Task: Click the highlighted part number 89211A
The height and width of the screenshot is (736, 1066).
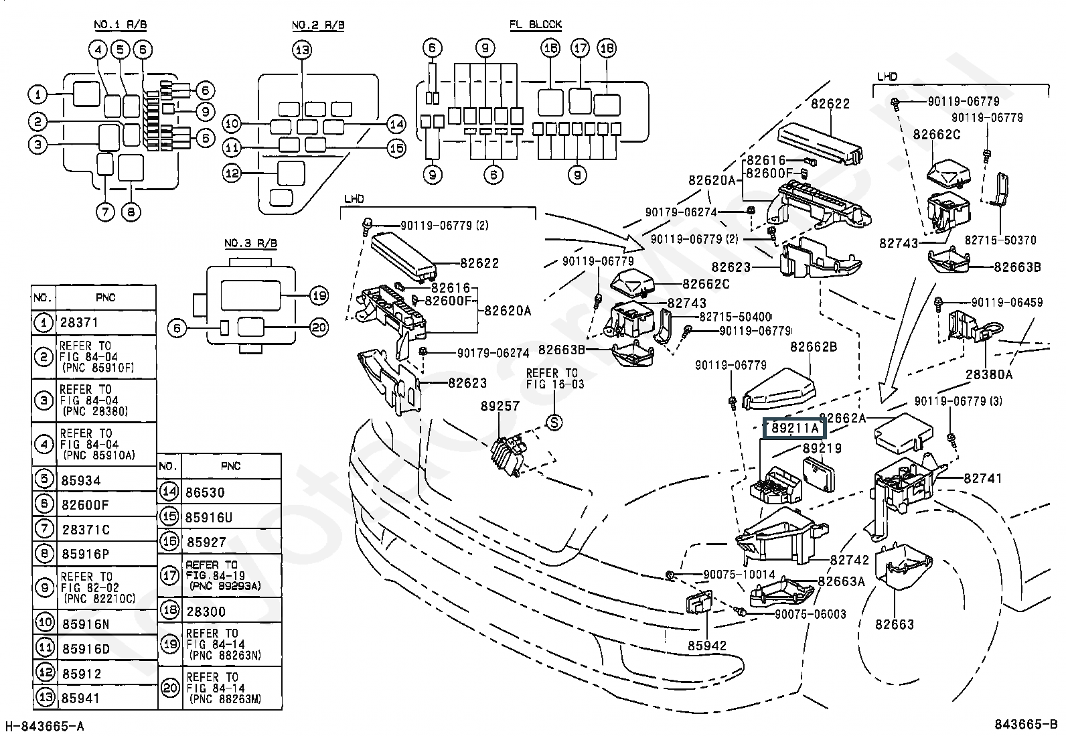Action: tap(795, 428)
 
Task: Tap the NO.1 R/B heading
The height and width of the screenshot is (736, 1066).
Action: tap(120, 25)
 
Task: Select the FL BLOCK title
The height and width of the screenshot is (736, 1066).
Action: tap(536, 24)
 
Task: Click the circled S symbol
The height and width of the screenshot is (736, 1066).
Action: tap(554, 423)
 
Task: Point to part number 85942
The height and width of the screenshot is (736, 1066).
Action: tap(707, 646)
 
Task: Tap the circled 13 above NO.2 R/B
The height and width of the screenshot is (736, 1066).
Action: tap(303, 50)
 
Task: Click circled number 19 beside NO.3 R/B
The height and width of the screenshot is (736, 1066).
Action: tap(319, 295)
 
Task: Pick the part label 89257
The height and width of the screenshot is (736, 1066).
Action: tap(500, 406)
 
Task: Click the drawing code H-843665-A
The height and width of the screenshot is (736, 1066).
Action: tap(45, 726)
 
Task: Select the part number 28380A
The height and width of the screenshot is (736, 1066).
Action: tap(989, 374)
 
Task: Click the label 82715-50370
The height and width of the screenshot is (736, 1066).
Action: tap(1000, 240)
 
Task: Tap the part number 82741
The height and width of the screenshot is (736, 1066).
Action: tap(983, 478)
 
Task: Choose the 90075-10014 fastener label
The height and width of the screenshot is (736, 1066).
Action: tap(739, 575)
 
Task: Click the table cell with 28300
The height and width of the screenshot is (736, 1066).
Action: tap(206, 611)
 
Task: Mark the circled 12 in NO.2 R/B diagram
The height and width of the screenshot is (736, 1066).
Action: tap(232, 173)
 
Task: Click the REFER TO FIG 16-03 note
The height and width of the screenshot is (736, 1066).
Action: tap(555, 378)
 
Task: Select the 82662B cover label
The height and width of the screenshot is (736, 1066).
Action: tap(814, 347)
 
